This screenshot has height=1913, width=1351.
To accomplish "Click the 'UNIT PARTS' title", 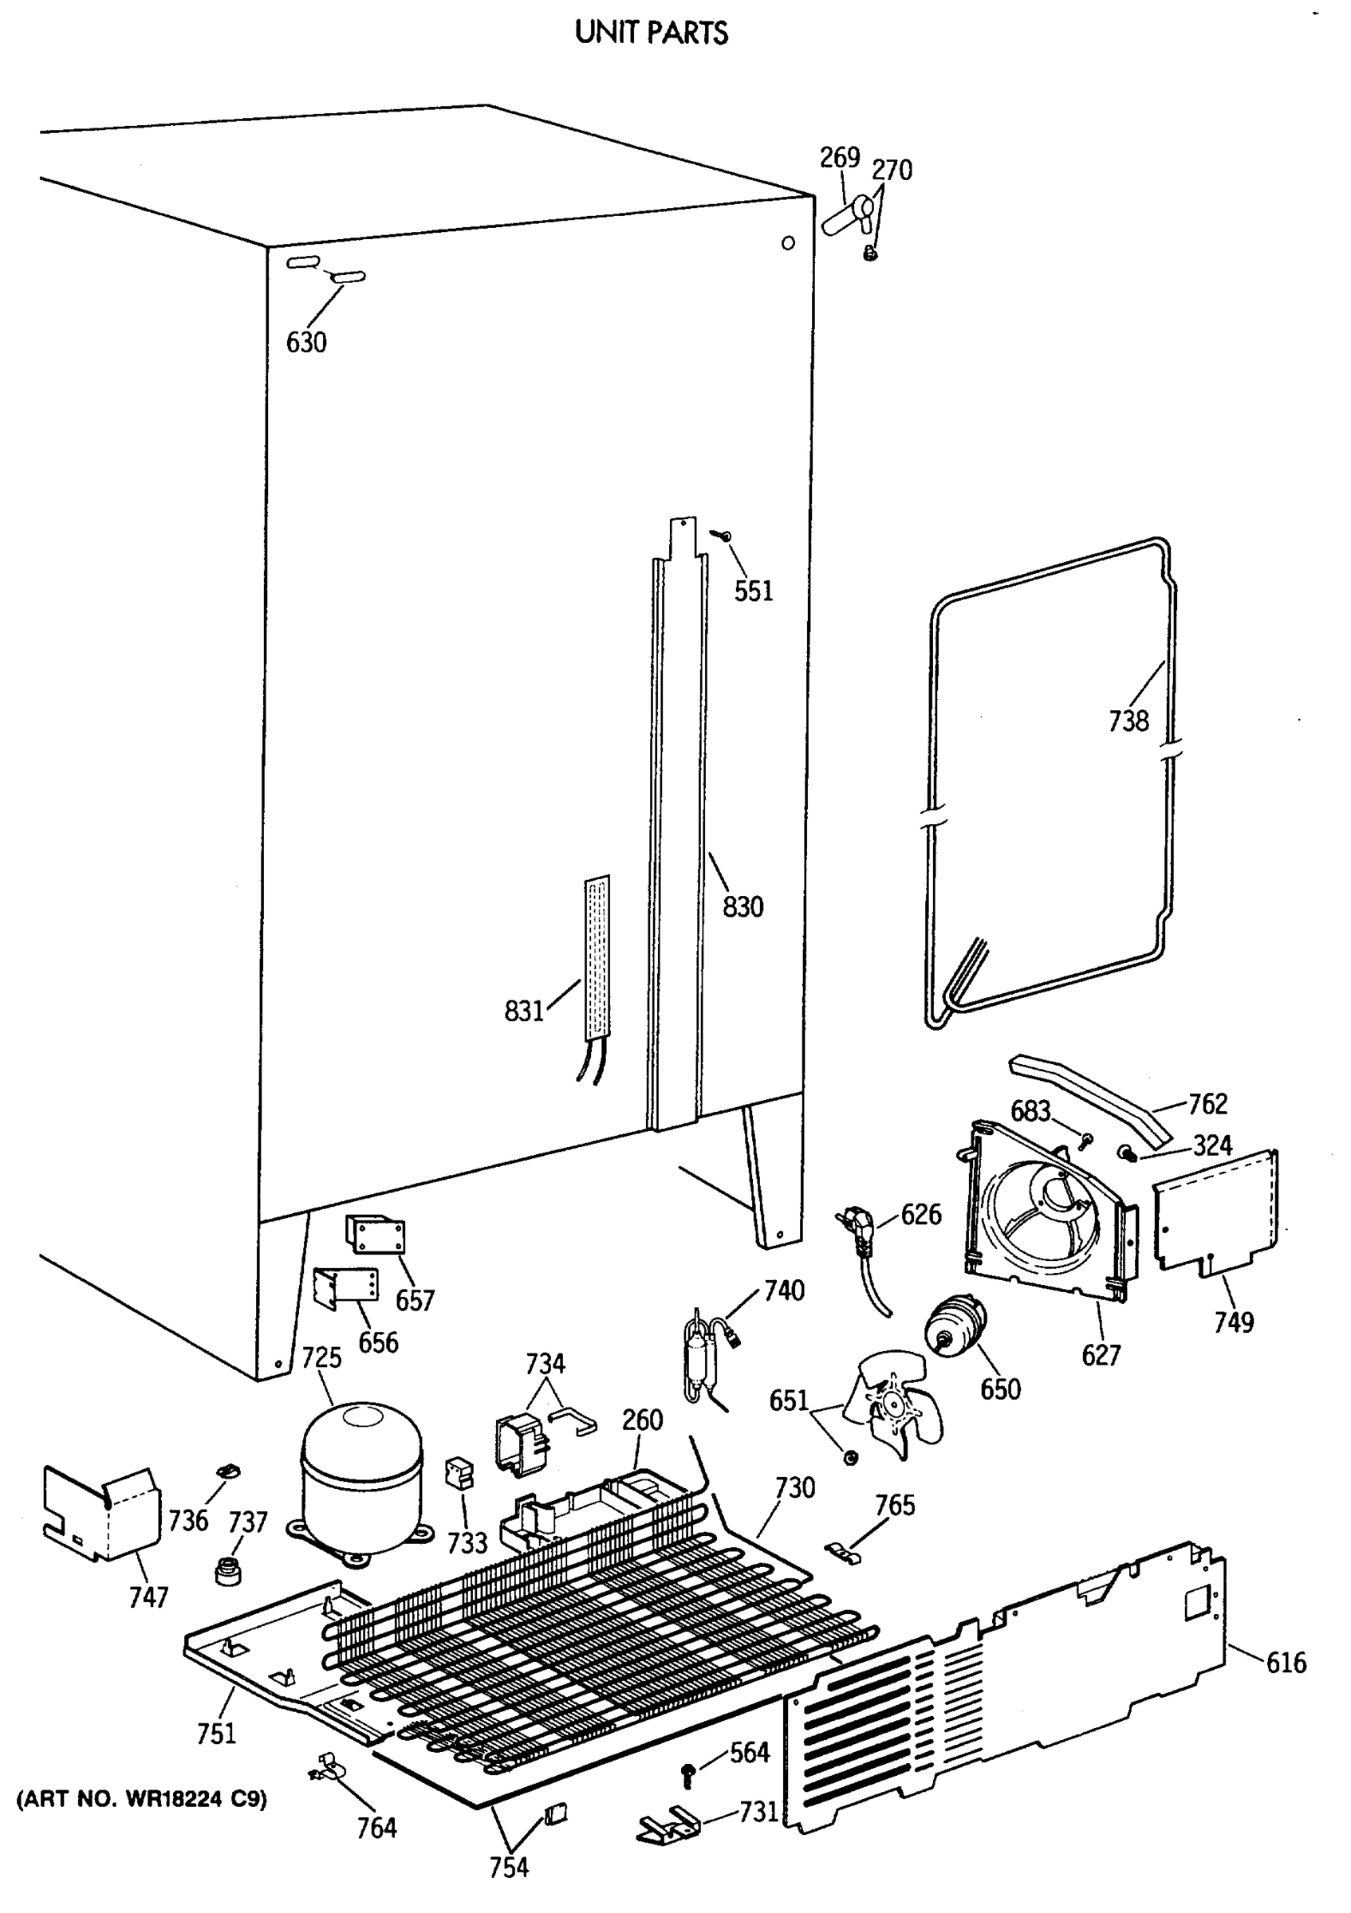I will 651,33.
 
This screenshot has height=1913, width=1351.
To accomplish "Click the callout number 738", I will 1128,721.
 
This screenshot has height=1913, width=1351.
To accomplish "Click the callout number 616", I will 1286,1663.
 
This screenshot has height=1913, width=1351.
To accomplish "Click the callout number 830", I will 742,906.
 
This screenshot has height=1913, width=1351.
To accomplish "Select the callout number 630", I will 306,343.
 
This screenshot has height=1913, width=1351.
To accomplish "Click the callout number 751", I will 217,1734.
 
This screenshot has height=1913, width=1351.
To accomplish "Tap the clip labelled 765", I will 843,1551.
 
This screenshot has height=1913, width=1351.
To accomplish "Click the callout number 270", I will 891,171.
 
